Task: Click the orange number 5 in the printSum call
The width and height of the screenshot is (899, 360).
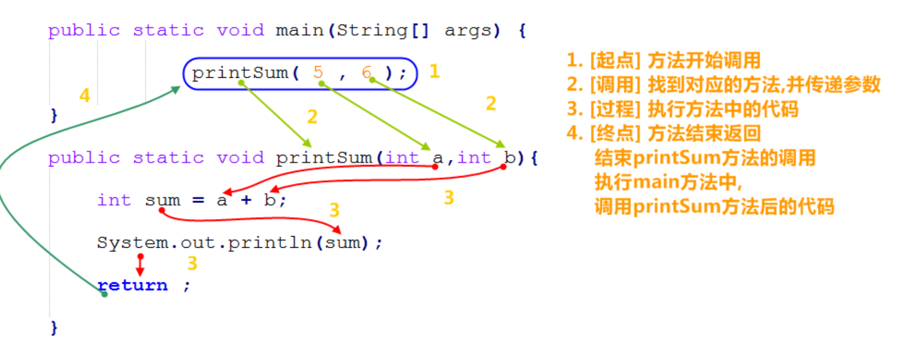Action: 318,72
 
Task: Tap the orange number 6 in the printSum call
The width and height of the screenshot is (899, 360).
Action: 366,72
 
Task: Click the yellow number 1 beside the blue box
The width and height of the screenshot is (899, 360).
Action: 434,71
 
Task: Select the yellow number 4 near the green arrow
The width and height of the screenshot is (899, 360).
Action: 85,95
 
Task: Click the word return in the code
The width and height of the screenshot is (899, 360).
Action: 133,285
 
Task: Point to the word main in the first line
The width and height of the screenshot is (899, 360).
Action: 299,31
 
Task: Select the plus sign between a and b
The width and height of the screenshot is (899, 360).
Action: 246,200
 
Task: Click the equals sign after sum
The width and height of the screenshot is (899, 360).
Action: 198,201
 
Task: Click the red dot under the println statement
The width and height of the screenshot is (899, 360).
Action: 140,257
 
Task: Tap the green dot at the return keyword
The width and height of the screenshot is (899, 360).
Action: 104,294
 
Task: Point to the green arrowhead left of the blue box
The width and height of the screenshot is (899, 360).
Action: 175,89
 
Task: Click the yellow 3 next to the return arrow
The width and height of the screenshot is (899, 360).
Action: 192,263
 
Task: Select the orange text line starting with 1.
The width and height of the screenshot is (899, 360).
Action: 663,61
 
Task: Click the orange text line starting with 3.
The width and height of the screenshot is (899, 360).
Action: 682,109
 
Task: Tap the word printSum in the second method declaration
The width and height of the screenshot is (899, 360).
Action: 324,158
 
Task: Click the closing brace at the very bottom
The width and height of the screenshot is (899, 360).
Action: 54,328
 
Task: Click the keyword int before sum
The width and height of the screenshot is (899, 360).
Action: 114,200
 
